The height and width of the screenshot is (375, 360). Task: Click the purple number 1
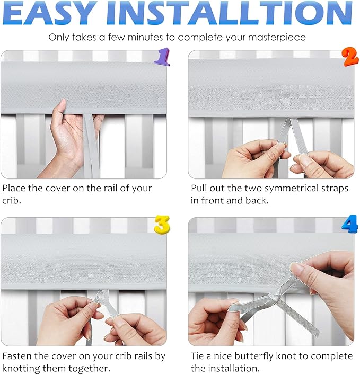point(162,57)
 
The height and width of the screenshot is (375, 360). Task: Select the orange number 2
point(350,57)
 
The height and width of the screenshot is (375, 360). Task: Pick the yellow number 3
point(162,225)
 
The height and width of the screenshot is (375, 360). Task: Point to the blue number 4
point(350,224)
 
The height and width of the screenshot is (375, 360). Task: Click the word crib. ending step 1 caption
point(12,200)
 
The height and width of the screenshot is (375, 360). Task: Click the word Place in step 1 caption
point(14,188)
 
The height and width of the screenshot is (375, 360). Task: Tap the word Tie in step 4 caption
point(197,356)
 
